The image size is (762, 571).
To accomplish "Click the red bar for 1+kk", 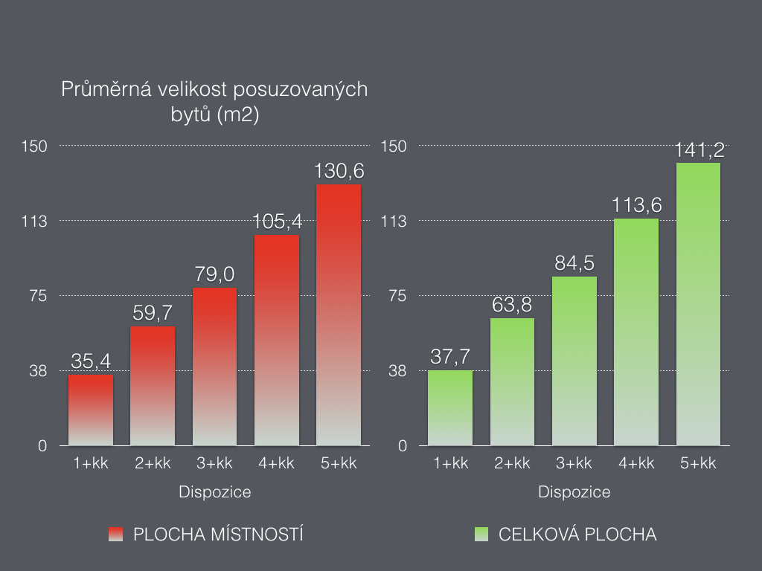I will tap(91, 410).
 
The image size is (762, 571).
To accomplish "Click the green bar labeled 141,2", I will tap(698, 304).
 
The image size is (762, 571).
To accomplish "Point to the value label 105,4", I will tap(277, 222).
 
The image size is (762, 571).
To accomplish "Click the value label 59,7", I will tap(153, 314).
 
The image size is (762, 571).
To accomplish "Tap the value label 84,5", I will tap(574, 263).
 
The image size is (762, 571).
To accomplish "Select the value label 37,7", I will tap(450, 357).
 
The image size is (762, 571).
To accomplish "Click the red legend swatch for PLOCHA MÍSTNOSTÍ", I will tap(115, 535).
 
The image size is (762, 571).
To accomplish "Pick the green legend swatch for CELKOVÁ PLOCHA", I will tap(481, 535).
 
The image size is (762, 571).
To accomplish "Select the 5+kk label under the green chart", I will tap(698, 463).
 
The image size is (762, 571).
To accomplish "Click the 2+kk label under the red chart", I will tap(153, 463).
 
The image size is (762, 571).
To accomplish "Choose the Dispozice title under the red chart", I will tap(215, 491).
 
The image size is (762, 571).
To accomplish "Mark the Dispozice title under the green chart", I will tap(574, 491).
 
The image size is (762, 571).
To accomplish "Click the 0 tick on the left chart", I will tap(42, 446).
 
